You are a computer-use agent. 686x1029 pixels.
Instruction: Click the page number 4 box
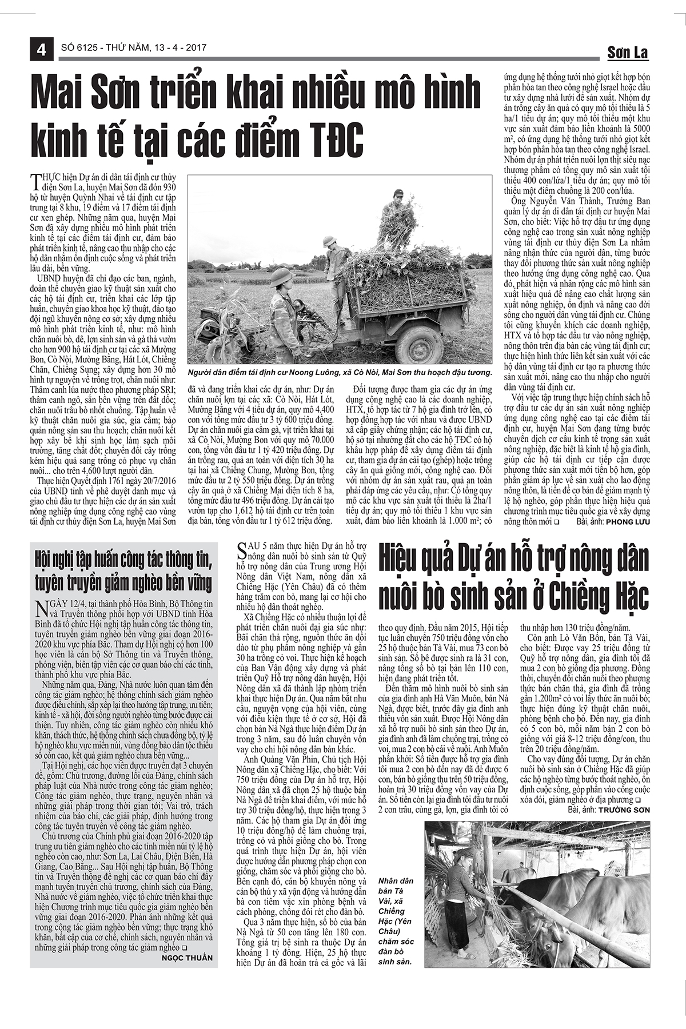tap(41, 49)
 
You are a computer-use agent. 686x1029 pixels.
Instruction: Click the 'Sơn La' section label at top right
tap(627, 53)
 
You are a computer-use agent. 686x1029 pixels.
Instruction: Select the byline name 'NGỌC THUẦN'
tap(187, 958)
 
